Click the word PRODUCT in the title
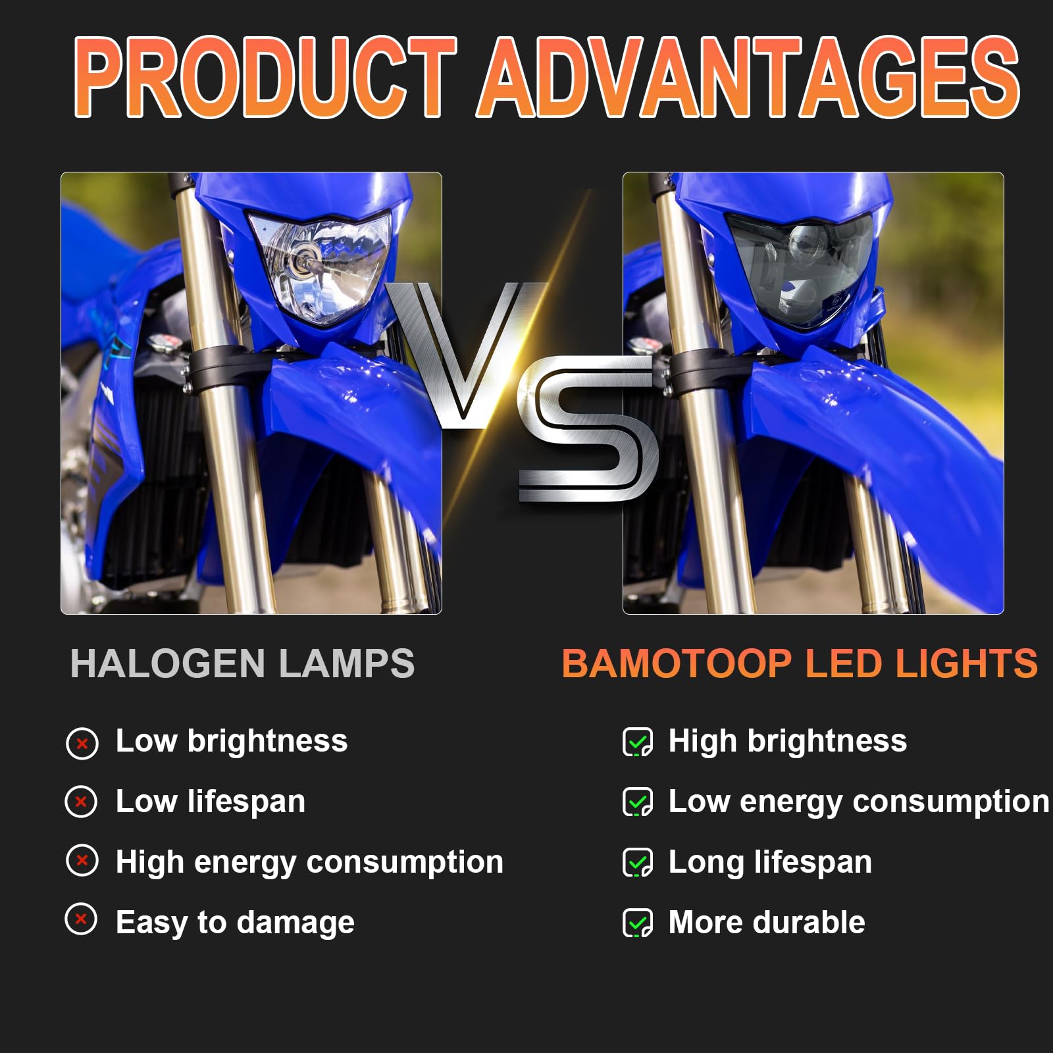[265, 77]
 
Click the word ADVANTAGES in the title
[749, 77]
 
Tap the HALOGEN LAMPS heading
[242, 663]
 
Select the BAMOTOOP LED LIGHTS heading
[800, 663]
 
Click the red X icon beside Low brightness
[82, 744]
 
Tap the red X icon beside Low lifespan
[82, 802]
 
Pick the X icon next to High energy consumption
[82, 860]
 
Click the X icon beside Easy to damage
[82, 919]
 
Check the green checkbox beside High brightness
[638, 742]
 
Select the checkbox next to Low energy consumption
[638, 802]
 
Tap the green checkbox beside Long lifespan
[638, 863]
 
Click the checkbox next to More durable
[638, 923]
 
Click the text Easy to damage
[235, 923]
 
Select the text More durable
[767, 922]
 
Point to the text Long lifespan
[770, 863]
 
